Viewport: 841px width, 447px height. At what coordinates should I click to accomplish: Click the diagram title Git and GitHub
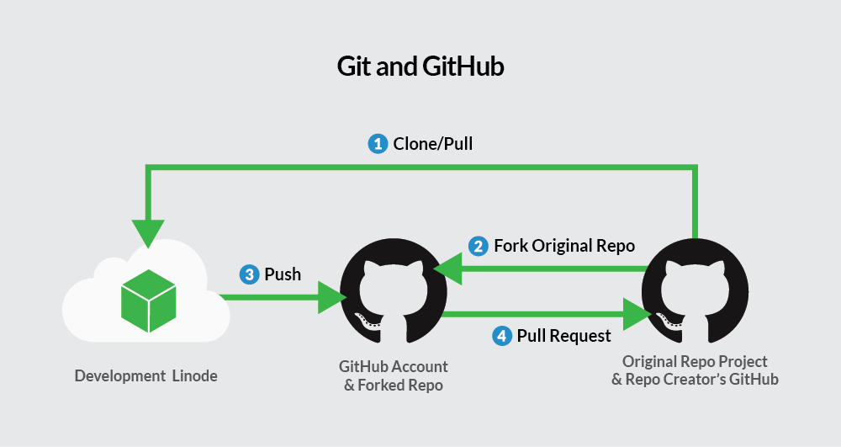point(420,67)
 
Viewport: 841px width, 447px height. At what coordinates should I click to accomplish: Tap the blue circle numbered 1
point(378,144)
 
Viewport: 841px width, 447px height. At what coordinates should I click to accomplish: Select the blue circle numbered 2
point(478,246)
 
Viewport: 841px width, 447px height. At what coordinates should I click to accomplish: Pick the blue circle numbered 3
point(249,274)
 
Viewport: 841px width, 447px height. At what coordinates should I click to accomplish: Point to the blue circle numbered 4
point(501,336)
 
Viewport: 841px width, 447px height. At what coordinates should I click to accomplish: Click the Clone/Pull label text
point(433,144)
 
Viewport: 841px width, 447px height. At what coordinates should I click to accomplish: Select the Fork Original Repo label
point(563,246)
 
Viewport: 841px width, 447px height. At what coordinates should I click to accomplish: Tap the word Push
point(283,274)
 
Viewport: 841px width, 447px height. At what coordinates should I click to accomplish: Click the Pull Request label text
point(563,336)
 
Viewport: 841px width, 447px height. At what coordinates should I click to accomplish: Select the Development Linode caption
point(145,376)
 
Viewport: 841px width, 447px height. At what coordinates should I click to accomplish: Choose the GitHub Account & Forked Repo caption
point(394,375)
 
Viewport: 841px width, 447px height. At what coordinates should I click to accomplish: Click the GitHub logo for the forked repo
point(392,290)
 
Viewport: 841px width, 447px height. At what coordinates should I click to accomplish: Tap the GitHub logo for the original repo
point(695,290)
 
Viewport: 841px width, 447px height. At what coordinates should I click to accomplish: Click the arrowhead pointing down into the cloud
point(148,233)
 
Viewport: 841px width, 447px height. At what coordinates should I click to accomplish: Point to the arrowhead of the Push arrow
point(333,297)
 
